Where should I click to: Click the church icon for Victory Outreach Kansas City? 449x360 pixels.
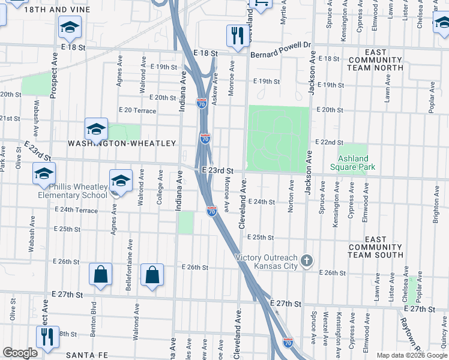[x=307, y=260]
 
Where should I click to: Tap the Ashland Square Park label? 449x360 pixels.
[x=352, y=163]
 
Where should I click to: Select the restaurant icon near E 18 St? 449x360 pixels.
[x=238, y=36]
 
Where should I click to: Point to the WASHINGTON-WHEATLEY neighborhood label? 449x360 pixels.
[x=122, y=143]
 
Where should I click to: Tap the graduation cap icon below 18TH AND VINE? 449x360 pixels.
[x=70, y=27]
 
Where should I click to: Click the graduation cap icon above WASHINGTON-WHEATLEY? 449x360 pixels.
[x=96, y=128]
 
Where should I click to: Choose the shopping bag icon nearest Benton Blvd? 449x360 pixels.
[x=100, y=275]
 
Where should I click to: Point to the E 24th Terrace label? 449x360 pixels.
[x=76, y=211]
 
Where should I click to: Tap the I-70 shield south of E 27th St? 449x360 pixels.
[x=288, y=343]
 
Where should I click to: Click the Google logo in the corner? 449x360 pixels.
[x=20, y=353]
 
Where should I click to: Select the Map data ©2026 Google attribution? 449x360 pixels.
[x=412, y=355]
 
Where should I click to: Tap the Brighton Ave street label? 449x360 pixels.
[x=435, y=207]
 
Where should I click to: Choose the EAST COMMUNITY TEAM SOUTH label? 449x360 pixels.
[x=375, y=247]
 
